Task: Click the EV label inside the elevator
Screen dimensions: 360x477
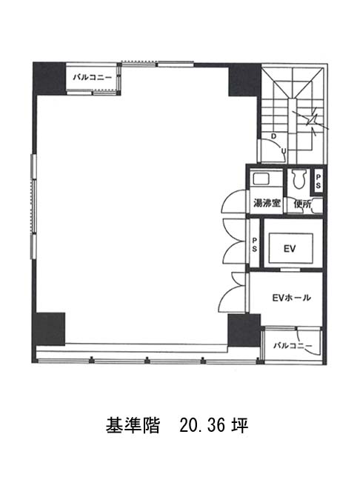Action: tap(290, 249)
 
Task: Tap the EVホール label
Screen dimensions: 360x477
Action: tap(291, 297)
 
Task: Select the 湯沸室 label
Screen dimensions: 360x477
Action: tap(267, 203)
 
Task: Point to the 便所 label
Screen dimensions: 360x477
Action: tap(302, 204)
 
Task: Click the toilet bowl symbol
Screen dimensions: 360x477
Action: tap(298, 179)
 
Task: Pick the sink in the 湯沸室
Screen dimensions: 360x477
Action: tap(261, 179)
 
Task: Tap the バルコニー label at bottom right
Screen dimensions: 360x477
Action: tap(293, 346)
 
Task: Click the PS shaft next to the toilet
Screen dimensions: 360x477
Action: tap(318, 181)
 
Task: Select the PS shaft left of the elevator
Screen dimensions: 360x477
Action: tap(255, 244)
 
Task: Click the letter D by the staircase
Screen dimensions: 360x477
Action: tap(273, 136)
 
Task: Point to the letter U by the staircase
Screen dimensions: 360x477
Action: tap(283, 150)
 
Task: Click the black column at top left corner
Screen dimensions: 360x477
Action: tap(50, 79)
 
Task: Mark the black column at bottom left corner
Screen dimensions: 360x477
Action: tap(49, 329)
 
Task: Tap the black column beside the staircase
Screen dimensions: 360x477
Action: tap(244, 80)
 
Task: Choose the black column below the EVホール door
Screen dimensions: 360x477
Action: tap(244, 330)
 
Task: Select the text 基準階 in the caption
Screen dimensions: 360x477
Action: tap(133, 426)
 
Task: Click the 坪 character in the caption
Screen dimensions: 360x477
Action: tap(240, 426)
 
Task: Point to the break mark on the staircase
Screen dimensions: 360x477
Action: tap(313, 121)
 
